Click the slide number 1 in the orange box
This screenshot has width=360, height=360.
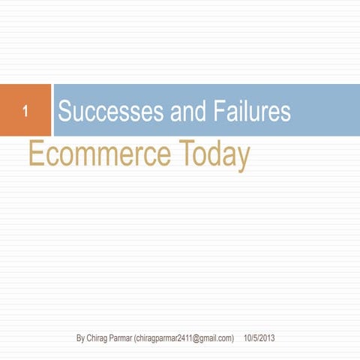(25, 114)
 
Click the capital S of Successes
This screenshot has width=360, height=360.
(64, 112)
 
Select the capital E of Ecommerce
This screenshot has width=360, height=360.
(34, 154)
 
